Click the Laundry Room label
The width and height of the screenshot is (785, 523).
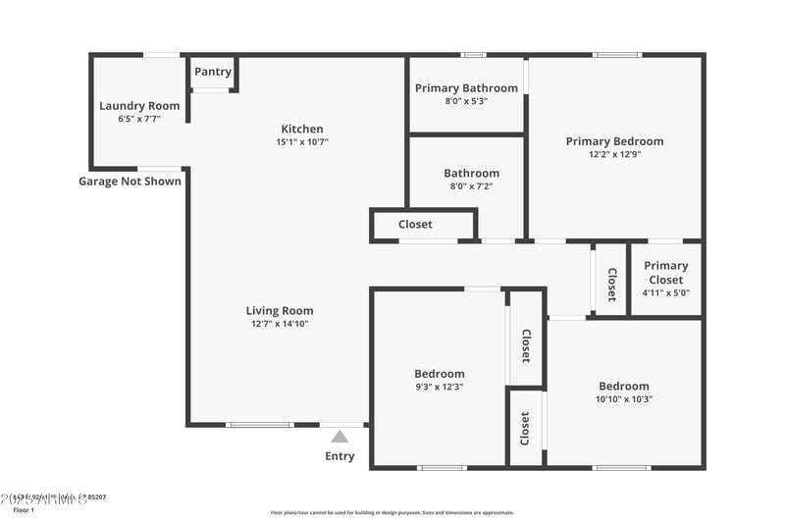139,106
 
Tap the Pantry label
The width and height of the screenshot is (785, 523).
213,72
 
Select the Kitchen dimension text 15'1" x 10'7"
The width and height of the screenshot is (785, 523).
301,142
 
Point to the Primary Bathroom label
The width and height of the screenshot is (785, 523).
466,88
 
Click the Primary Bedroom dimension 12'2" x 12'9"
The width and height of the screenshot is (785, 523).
614,154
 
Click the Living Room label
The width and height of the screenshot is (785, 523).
280,311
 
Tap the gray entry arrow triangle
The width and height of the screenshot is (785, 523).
340,437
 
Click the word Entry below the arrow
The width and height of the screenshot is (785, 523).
340,456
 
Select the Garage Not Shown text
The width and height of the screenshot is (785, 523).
130,181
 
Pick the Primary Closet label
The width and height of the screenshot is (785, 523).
665,273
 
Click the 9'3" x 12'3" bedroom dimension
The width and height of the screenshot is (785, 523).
439,387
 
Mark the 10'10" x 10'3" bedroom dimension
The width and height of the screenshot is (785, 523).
623,399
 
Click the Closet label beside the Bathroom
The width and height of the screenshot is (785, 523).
415,225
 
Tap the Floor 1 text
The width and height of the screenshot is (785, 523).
24,510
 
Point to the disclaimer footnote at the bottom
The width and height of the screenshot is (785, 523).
392,512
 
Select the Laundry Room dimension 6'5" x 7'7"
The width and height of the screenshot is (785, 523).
139,119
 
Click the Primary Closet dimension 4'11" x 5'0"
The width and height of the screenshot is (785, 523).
665,292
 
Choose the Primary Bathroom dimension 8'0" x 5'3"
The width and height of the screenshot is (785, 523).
466,101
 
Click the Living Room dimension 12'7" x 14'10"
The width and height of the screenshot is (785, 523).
280,324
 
